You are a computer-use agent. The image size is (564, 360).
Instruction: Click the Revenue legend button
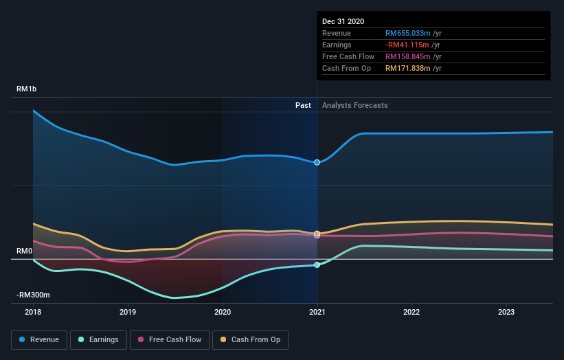click(x=40, y=339)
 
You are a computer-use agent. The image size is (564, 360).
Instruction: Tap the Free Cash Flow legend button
click(x=169, y=339)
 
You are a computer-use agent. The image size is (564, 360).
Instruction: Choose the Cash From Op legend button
click(x=251, y=339)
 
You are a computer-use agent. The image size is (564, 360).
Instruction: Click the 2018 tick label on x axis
click(x=33, y=312)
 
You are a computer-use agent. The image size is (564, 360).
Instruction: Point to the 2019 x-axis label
click(x=128, y=312)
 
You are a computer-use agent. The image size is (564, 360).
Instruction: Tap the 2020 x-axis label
click(x=223, y=312)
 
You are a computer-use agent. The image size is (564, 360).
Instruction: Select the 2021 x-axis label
click(x=317, y=312)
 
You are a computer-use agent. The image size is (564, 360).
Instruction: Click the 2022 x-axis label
click(x=411, y=312)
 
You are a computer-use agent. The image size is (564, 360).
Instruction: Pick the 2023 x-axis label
click(x=506, y=312)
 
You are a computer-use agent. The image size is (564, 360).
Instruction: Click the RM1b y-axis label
click(x=28, y=89)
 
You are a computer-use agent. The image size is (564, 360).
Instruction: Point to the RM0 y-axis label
click(x=25, y=251)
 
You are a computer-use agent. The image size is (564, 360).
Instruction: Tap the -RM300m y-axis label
click(x=34, y=295)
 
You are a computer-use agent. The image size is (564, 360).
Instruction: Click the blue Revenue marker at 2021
click(x=317, y=162)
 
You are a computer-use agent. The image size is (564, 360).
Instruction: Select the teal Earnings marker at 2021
click(x=317, y=265)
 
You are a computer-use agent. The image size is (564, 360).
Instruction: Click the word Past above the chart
click(x=303, y=105)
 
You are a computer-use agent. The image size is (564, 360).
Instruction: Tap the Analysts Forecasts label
click(x=354, y=105)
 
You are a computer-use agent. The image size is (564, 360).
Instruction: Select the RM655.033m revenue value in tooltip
click(x=407, y=33)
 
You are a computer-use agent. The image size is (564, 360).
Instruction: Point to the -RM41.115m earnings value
click(x=407, y=45)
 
